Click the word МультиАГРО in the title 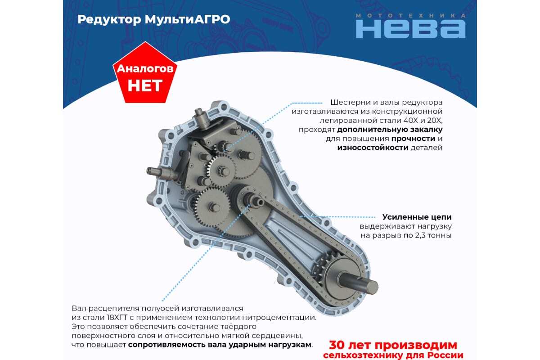[187, 20]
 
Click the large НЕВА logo [410, 29]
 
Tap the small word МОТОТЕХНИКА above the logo [410, 16]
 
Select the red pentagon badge [145, 73]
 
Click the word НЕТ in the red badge [145, 85]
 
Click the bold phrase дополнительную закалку [390, 130]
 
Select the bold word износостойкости [373, 148]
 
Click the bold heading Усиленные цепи [417, 217]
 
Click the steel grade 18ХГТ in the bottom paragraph [117, 318]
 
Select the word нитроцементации [279, 318]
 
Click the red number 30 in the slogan [337, 345]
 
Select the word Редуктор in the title [109, 20]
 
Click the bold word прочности [413, 139]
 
